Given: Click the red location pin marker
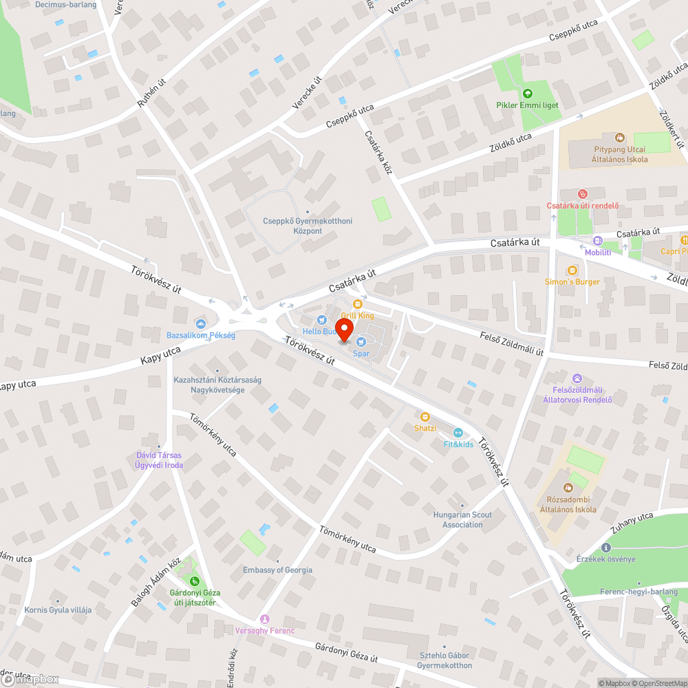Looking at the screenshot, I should [x=344, y=329].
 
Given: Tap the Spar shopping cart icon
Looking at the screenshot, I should [x=361, y=342].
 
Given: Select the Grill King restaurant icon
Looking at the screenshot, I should [x=357, y=304].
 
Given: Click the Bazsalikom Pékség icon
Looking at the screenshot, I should [x=201, y=324].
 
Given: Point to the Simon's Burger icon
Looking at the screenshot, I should [x=572, y=270].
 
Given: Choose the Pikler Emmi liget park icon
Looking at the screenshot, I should [x=528, y=94].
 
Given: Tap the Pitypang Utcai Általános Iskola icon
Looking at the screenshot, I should [x=619, y=138].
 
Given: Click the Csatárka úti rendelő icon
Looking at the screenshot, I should [x=583, y=194].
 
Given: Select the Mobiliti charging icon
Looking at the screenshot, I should [x=597, y=241].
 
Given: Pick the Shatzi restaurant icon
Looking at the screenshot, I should [x=425, y=416].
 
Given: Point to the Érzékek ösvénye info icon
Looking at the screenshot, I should [x=606, y=548].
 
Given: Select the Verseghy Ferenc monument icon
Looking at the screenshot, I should [x=265, y=619].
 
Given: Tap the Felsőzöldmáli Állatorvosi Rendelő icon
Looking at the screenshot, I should [x=577, y=378].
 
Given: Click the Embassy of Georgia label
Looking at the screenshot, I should [x=277, y=570].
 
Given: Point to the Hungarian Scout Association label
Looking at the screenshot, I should [x=462, y=519].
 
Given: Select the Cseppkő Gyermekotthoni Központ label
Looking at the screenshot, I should [x=308, y=226].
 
